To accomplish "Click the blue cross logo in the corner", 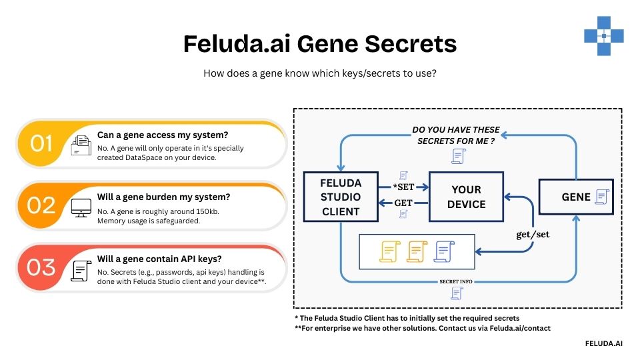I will pyautogui.click(x=603, y=35).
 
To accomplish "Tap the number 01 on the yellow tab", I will pyautogui.click(x=41, y=143).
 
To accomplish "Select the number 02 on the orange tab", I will pyautogui.click(x=41, y=205).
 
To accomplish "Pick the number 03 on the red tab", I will pyautogui.click(x=41, y=267).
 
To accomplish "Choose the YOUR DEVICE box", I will pyautogui.click(x=465, y=197).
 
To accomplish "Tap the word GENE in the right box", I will pyautogui.click(x=576, y=197).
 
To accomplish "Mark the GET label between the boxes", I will pyautogui.click(x=403, y=203).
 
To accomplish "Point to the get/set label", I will pyautogui.click(x=533, y=235).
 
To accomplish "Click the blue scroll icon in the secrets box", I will pyautogui.click(x=443, y=251).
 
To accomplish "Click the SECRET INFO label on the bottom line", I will pyautogui.click(x=456, y=281).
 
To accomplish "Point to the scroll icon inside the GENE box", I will pyautogui.click(x=601, y=197).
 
